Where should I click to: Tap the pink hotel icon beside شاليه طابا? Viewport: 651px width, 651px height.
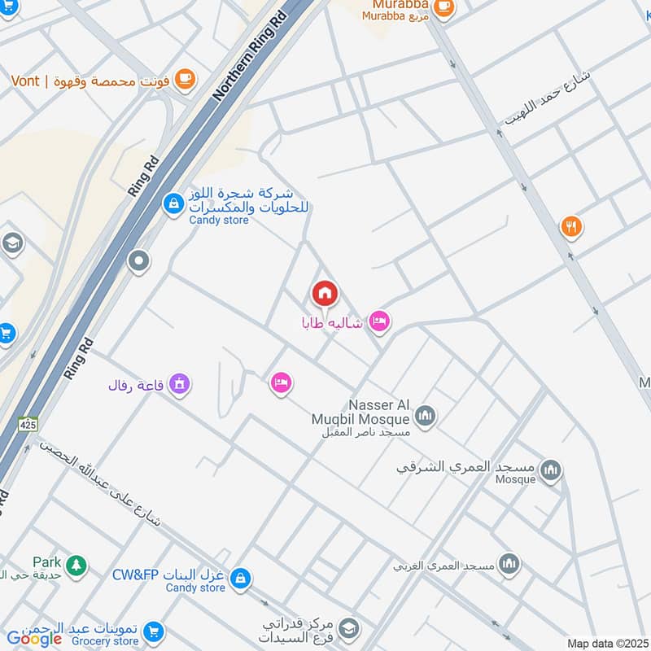click(378, 322)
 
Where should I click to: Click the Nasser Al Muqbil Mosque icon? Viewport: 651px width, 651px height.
click(425, 418)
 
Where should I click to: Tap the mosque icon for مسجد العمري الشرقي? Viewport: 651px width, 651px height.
click(552, 470)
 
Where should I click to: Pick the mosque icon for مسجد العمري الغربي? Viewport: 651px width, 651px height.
click(509, 564)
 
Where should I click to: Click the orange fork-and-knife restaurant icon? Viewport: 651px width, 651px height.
click(572, 228)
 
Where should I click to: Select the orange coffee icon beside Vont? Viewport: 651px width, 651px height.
click(185, 79)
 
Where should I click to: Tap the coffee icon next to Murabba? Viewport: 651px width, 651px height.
click(443, 7)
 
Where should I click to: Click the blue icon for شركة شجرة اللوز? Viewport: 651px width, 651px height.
click(173, 203)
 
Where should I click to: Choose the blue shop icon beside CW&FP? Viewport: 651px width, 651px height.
click(239, 579)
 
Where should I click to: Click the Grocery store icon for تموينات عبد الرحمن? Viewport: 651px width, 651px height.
click(153, 631)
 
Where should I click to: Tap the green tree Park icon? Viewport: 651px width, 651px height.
click(76, 564)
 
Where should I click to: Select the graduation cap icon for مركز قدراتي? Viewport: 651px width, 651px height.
click(349, 627)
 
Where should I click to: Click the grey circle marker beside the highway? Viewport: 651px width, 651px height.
click(139, 261)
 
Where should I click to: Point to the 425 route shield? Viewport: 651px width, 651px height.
click(28, 424)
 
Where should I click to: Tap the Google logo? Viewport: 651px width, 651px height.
click(34, 639)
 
